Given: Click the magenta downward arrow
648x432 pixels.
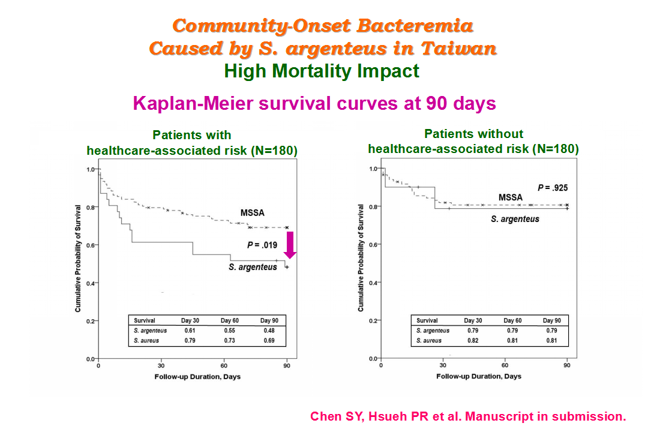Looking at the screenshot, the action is click(290, 245).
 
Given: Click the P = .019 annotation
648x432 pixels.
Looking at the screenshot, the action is click(262, 245).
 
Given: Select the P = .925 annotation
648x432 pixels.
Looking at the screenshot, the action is click(553, 188).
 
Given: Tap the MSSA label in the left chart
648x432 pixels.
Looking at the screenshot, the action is click(252, 213).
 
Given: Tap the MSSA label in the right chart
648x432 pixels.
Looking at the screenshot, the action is click(511, 197).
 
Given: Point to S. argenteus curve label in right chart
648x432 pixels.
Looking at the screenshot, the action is click(515, 219).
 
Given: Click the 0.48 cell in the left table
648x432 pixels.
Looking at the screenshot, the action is click(269, 331).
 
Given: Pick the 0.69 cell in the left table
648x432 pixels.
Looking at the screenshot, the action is click(269, 341).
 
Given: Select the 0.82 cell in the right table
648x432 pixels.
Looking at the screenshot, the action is click(473, 341).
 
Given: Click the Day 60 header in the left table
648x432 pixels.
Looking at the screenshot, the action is click(229, 320).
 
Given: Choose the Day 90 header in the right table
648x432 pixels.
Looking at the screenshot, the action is click(552, 320).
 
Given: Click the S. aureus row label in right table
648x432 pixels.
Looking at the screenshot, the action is click(429, 341).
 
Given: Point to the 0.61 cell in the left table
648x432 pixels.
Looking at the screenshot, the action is click(190, 331).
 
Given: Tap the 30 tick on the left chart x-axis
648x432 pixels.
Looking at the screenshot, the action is click(161, 366).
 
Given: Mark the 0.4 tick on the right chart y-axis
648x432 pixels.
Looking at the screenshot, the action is click(373, 283).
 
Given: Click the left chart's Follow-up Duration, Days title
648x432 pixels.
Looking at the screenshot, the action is click(197, 377).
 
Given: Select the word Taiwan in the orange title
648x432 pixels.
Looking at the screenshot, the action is click(459, 49).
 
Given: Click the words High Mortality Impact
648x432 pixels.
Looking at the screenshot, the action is click(322, 71).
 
